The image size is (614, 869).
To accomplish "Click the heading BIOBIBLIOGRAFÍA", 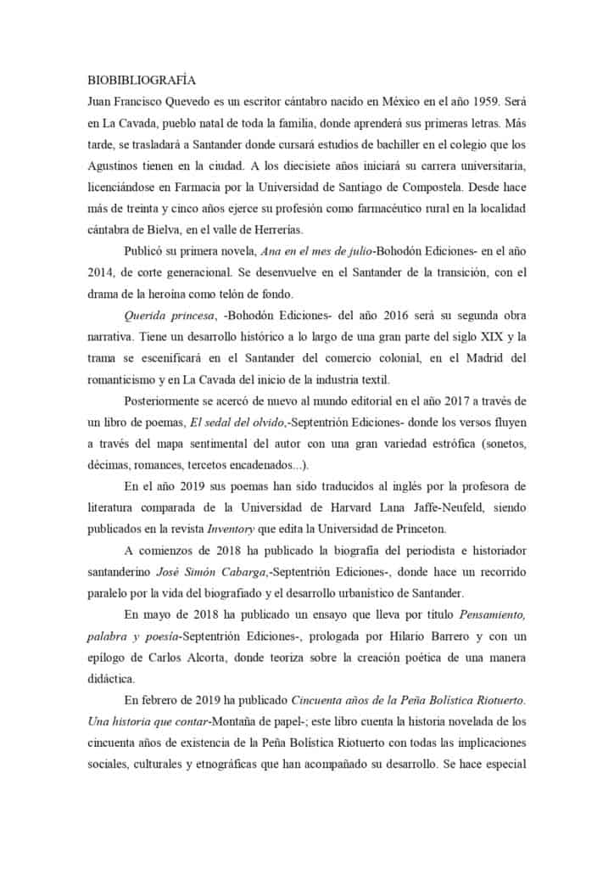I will [x=142, y=81].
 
